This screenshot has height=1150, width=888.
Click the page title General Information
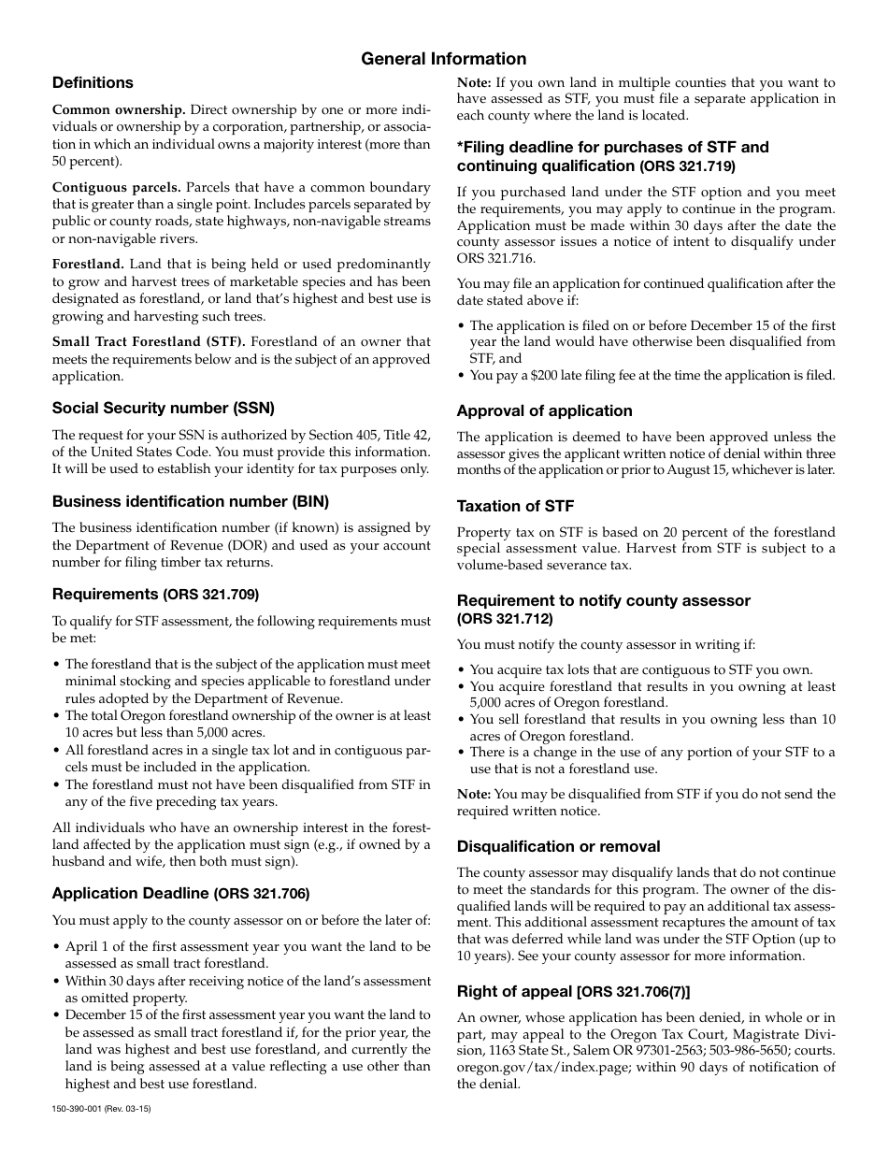tap(443, 59)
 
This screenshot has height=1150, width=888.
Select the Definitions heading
tap(93, 83)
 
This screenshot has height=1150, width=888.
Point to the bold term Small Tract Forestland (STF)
tap(149, 342)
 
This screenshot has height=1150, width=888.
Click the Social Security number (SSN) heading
tap(163, 408)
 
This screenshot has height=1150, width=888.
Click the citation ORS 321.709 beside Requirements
tap(211, 595)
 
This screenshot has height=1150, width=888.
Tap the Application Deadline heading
tap(130, 893)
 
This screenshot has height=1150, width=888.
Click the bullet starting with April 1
tap(247, 946)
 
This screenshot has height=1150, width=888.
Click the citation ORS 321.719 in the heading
tap(687, 166)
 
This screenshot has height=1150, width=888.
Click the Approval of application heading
tap(544, 411)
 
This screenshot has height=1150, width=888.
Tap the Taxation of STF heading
tap(515, 506)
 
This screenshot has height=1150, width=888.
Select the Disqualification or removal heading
tap(558, 846)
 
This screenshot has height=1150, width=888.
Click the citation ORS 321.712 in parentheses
tap(505, 619)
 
